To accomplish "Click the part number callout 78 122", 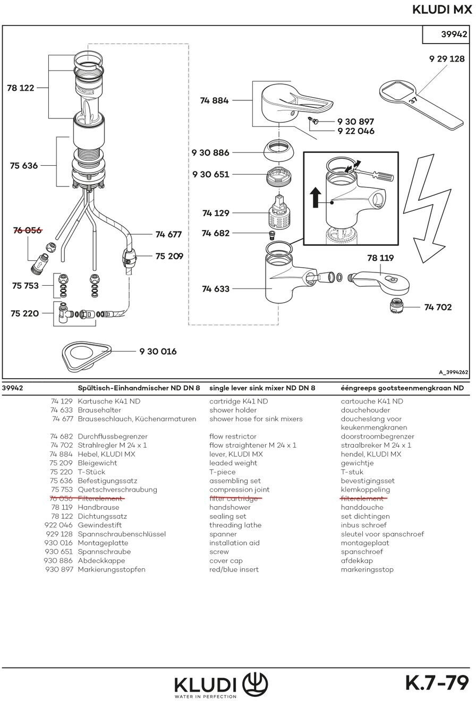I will (x=20, y=88).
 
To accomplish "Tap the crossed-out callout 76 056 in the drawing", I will (x=27, y=230).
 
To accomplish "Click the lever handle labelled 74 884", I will (x=292, y=104).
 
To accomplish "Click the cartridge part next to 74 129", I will (x=279, y=212).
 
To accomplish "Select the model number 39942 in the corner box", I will (x=454, y=35).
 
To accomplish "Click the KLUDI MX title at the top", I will (x=441, y=10).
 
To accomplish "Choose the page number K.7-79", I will (x=437, y=683).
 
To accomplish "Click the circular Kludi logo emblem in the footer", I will (x=255, y=684).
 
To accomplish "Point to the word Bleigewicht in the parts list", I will (x=97, y=463).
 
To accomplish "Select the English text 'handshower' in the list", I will (x=230, y=507).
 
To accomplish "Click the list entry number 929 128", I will (x=59, y=534).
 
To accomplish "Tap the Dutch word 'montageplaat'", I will (x=364, y=543).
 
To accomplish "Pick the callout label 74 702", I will (x=438, y=307).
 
